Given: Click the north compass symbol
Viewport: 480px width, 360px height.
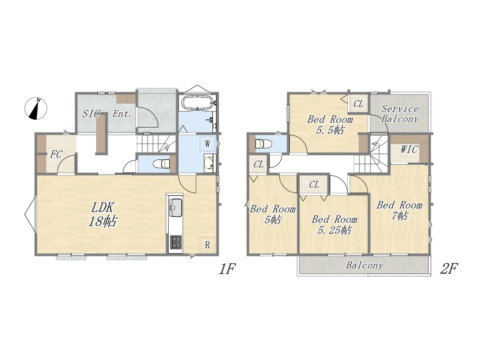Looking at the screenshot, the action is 36,108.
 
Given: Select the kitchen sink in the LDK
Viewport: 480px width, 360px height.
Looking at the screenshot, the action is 175,207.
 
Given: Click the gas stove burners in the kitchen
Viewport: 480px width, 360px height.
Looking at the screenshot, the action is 175,242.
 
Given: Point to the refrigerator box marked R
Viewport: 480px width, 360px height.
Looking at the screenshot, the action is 207,245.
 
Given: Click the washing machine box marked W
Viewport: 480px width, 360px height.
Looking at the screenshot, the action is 207,144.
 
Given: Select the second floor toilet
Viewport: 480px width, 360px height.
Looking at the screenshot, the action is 263,144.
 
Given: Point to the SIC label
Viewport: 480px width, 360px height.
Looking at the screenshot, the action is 91,114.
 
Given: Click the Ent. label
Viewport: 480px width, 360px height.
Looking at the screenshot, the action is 122,114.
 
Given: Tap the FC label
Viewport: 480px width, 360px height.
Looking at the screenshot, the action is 56,154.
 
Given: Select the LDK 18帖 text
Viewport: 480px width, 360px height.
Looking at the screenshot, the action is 103,215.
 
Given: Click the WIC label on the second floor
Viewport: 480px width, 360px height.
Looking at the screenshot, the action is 409,149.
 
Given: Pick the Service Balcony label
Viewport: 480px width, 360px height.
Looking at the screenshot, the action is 400,114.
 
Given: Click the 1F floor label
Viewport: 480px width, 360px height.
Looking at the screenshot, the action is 227,269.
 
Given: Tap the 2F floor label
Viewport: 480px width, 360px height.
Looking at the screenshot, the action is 449,269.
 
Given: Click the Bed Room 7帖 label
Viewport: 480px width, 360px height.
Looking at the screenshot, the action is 399,210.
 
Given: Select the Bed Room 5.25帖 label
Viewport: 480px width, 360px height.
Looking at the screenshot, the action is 334,225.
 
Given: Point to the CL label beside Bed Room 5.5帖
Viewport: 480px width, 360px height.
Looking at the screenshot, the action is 359,104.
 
